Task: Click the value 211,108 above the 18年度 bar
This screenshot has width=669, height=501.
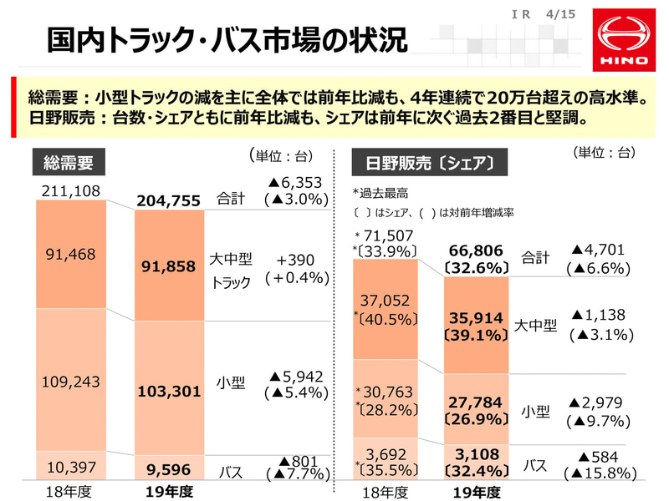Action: click(69, 192)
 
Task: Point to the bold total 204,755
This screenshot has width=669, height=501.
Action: click(170, 200)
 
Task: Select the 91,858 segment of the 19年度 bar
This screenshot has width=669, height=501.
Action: click(170, 265)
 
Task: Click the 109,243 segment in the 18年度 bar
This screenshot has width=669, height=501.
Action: click(69, 381)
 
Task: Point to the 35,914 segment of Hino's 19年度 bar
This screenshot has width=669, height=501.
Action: click(476, 326)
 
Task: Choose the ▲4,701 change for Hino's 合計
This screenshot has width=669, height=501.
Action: click(600, 257)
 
